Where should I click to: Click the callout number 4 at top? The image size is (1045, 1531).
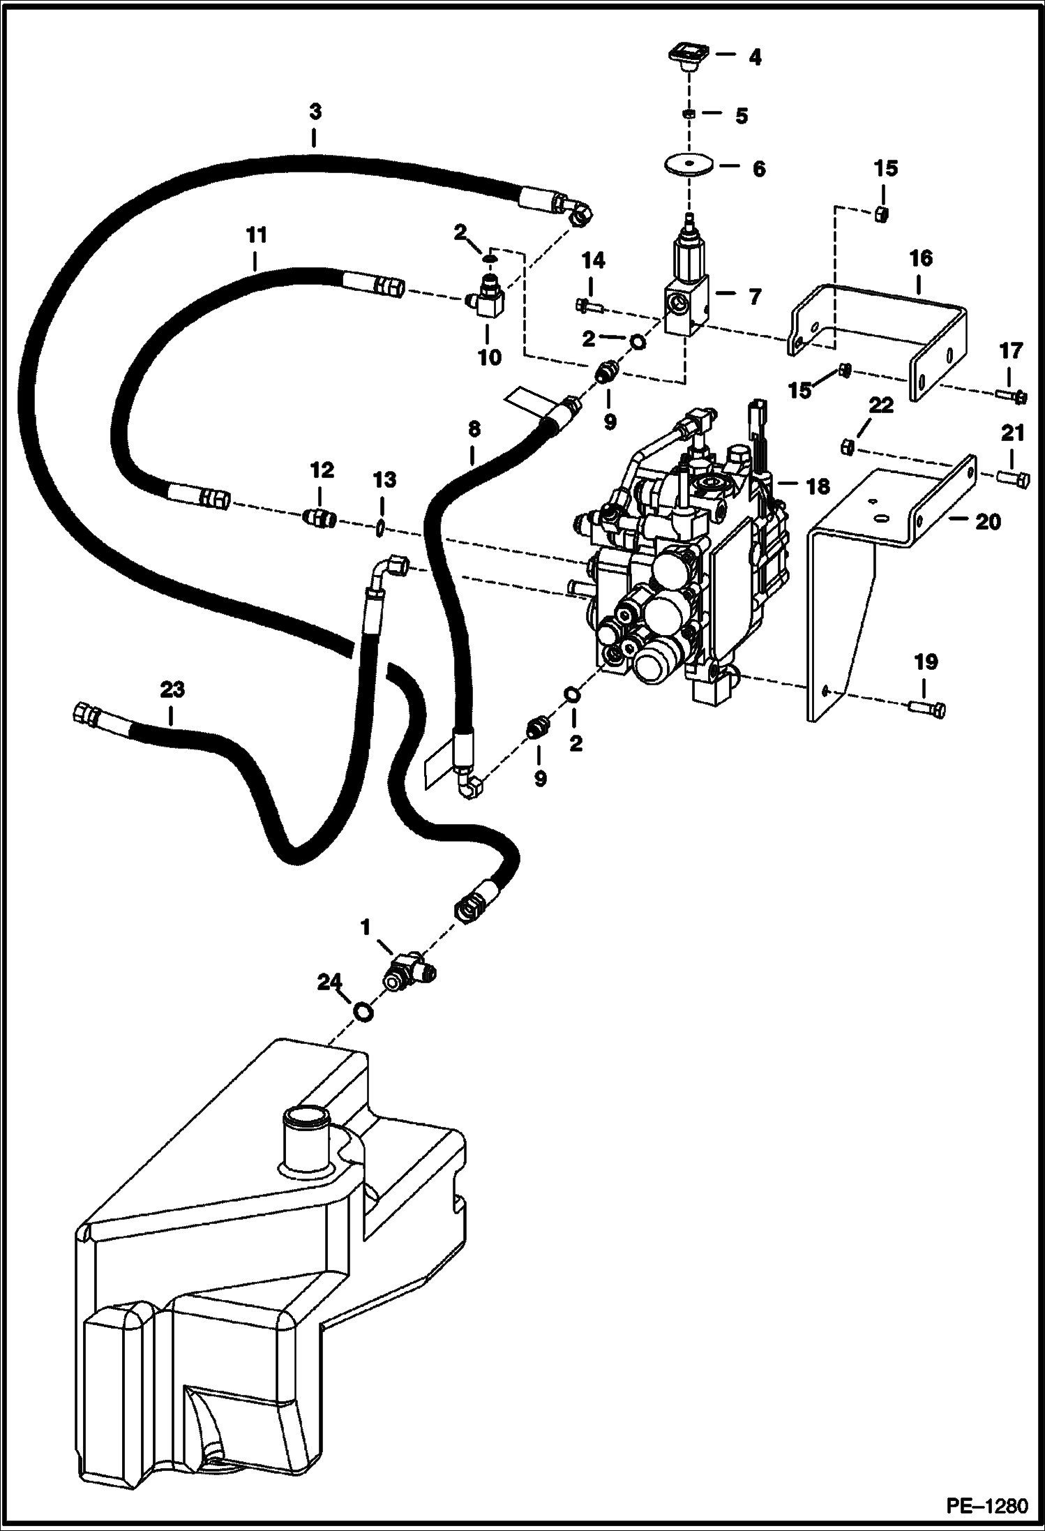click(755, 57)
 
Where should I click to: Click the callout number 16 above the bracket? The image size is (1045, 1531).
click(920, 258)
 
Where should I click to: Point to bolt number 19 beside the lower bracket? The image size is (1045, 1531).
click(928, 709)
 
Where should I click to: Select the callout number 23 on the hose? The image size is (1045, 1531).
click(172, 690)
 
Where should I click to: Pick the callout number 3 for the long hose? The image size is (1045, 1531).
click(315, 112)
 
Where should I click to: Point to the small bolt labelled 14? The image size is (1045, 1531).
click(588, 304)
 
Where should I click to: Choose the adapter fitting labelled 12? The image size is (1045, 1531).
click(321, 518)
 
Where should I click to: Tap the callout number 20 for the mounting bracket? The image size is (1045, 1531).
click(987, 522)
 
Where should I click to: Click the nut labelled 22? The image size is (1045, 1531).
click(845, 446)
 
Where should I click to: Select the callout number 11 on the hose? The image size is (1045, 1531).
click(256, 236)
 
